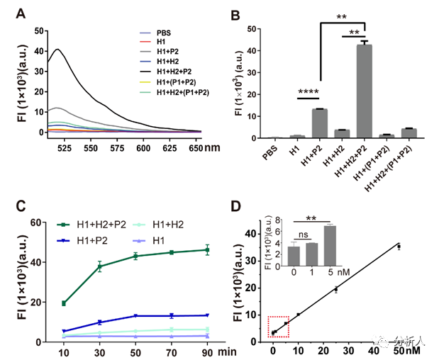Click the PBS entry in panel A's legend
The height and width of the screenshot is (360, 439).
click(x=164, y=33)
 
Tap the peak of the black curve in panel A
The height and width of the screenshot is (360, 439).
click(x=57, y=49)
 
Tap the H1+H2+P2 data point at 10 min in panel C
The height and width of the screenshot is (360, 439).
click(x=64, y=303)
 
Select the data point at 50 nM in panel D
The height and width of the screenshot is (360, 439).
click(x=399, y=246)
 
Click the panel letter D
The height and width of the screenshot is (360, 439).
click(x=240, y=207)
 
